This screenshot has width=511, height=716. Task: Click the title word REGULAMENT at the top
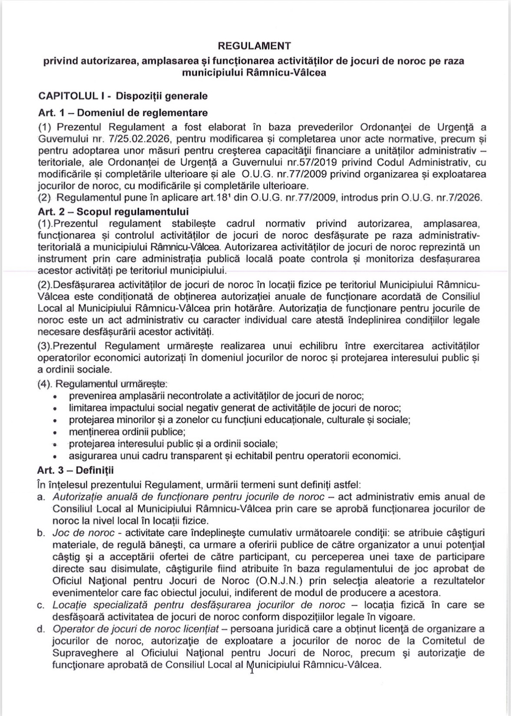254,46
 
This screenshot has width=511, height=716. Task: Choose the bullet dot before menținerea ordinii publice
55,433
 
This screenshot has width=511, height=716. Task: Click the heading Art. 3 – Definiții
76,470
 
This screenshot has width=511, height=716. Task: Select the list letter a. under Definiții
41,497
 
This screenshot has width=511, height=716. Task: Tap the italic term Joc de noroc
83,533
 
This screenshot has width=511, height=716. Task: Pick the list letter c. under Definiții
41,605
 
